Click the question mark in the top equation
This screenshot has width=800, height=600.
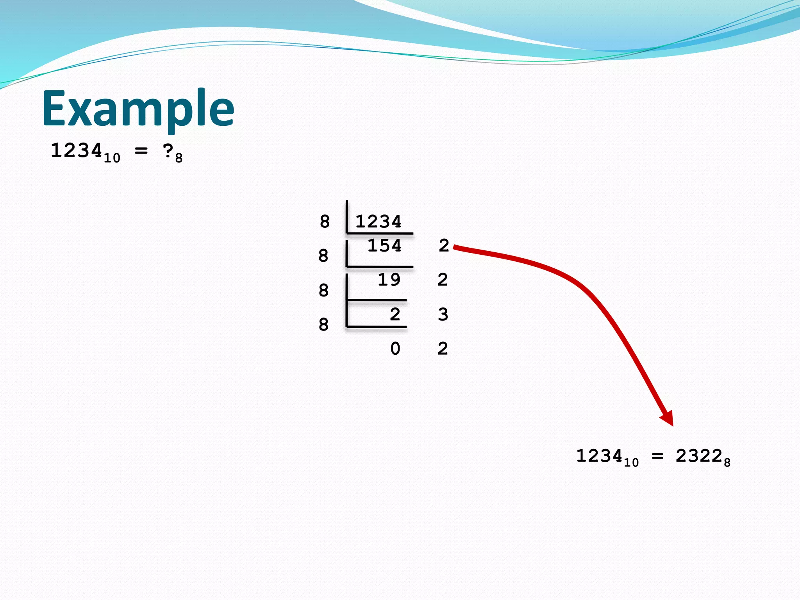168,151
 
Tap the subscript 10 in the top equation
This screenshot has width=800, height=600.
112,158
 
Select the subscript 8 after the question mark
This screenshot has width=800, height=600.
179,158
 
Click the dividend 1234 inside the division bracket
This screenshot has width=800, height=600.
378,221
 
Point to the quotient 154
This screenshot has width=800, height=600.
384,245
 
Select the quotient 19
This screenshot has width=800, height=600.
389,280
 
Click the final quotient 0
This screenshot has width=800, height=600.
395,348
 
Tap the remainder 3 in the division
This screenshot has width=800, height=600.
443,314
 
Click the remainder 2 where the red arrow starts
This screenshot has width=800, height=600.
444,246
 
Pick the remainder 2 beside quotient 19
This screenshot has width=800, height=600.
443,280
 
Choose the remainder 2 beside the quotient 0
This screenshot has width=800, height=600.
443,348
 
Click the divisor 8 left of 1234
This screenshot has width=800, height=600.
325,221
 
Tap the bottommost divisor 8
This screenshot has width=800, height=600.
323,325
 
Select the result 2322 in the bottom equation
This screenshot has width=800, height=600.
699,456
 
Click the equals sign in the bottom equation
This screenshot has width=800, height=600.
657,456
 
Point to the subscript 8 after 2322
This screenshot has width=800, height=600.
727,463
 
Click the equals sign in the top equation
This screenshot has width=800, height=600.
141,150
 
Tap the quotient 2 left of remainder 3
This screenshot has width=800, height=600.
395,314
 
